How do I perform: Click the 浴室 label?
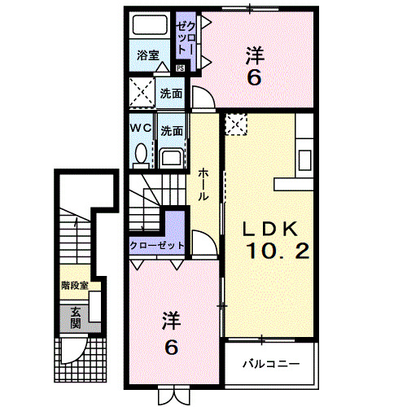[147, 57]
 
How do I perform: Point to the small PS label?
[180, 68]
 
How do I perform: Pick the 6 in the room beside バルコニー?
[171, 346]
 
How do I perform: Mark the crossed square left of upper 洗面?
[142, 93]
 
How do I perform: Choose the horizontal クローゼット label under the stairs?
[158, 245]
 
